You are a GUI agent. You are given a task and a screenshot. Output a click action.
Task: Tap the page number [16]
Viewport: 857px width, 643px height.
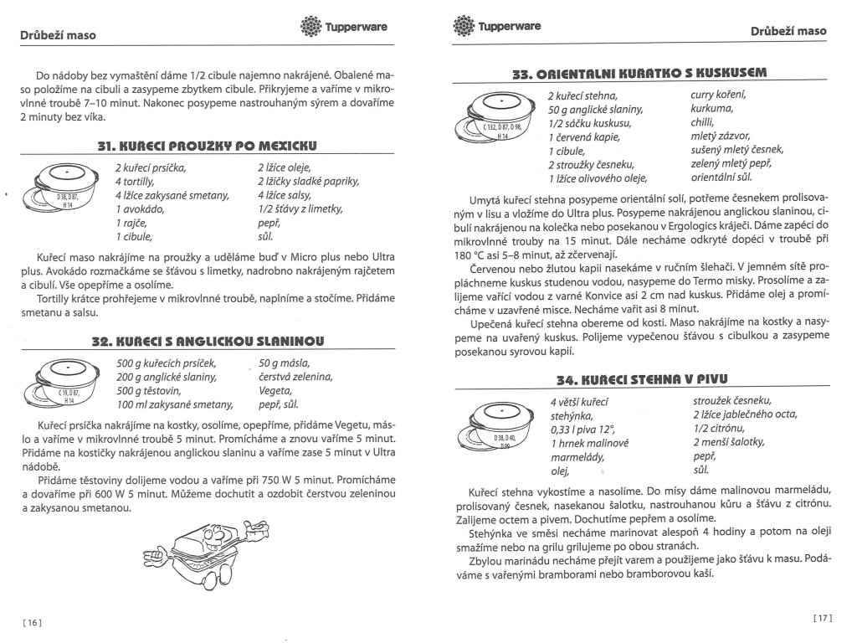[30, 621]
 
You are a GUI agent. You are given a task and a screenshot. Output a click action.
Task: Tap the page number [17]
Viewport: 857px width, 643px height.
[824, 618]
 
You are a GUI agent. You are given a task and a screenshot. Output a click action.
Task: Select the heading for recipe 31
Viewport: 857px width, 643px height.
[210, 147]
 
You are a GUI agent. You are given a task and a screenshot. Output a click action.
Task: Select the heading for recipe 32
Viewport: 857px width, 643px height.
[210, 341]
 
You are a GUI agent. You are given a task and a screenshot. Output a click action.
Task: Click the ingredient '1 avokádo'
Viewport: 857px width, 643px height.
[141, 208]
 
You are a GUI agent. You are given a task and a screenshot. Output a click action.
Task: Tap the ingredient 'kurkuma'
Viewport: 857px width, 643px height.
[712, 109]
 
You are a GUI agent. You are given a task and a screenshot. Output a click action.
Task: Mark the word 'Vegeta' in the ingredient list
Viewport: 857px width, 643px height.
[276, 391]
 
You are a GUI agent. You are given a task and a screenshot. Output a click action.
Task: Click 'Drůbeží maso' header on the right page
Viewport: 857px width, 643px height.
[788, 31]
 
